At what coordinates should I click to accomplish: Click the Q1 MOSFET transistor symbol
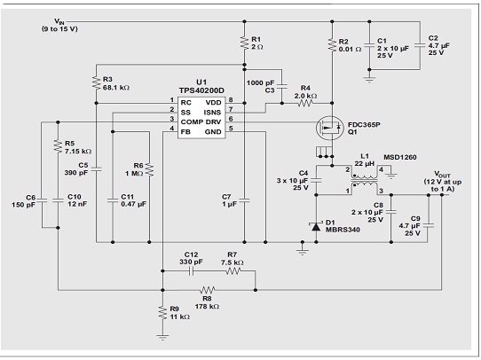330,128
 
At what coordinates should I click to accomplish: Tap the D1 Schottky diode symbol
316,226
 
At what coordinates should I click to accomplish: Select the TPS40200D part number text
201,90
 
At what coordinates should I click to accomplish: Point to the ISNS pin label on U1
212,113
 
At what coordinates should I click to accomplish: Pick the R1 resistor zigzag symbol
244,43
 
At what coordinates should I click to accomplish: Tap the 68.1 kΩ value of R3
116,88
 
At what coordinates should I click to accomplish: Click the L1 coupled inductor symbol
364,181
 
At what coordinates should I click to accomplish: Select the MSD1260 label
400,157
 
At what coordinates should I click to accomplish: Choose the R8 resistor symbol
208,290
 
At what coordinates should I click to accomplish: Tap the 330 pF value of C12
191,262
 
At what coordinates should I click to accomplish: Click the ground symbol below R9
162,337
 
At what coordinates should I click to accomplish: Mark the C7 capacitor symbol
244,200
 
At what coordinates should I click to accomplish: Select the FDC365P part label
364,125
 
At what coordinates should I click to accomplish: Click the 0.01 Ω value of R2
350,49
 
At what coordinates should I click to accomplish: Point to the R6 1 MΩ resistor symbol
149,169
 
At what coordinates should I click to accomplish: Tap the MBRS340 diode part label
343,230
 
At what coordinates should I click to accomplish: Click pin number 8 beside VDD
231,100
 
